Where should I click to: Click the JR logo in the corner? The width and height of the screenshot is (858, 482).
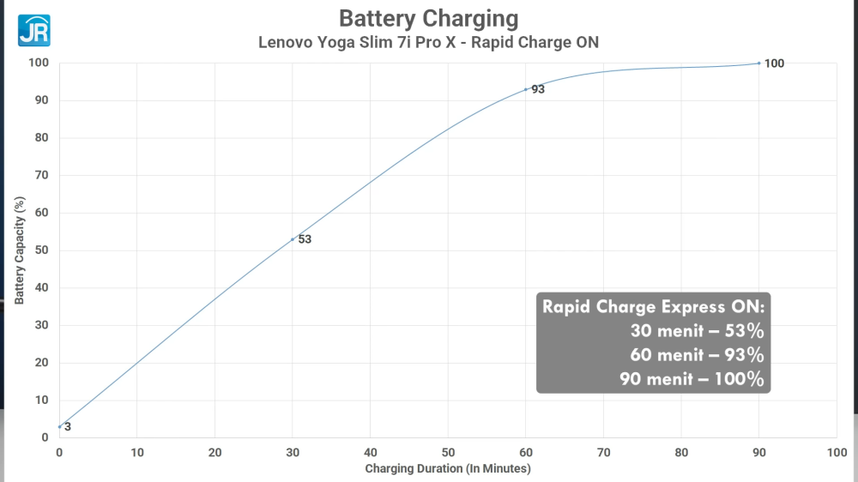[34, 30]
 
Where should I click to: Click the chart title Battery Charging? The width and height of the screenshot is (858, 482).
[428, 18]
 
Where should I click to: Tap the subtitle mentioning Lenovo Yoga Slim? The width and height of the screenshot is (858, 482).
[428, 42]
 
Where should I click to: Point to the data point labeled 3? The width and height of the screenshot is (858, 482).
[59, 426]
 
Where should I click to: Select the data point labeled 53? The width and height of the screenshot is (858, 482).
[293, 239]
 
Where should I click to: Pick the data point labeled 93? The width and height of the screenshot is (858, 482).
[526, 89]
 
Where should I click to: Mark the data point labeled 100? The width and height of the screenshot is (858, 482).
[759, 63]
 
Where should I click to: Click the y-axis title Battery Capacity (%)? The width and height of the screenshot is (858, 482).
[19, 250]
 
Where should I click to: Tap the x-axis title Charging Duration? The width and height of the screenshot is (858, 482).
[448, 468]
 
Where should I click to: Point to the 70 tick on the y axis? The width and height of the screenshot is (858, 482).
[41, 175]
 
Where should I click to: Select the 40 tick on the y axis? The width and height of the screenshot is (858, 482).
[41, 288]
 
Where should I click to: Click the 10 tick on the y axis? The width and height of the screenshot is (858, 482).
[41, 401]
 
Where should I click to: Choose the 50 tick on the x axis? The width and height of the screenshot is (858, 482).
[448, 452]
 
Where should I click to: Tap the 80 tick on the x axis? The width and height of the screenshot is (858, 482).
[681, 452]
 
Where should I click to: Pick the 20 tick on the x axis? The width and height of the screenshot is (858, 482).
[214, 452]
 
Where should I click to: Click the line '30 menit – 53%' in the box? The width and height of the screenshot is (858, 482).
[697, 331]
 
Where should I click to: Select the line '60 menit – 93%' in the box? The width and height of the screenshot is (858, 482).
[697, 355]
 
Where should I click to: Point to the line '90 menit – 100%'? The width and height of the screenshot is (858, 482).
[692, 379]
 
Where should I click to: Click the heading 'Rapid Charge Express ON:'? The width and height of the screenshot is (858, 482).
[653, 307]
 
